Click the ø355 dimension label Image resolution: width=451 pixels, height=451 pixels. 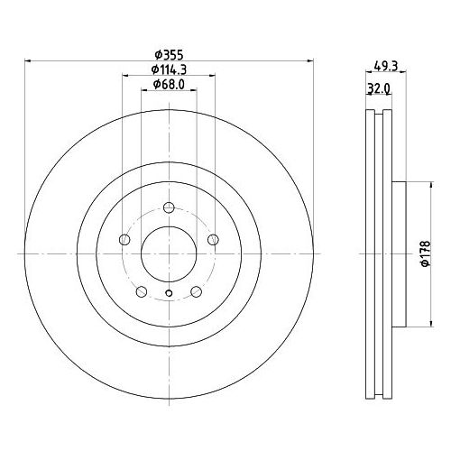tap(169, 55)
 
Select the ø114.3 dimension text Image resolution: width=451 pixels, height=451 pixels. tap(169, 69)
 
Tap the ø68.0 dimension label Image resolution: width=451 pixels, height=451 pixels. tap(169, 84)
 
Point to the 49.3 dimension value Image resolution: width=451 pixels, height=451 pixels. tap(386, 66)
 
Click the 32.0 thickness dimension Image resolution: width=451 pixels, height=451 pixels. tap(379, 88)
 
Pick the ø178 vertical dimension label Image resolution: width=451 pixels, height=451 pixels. tap(426, 253)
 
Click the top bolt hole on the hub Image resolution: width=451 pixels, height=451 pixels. tap(169, 207)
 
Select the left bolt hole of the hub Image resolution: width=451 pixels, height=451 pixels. tap(124, 239)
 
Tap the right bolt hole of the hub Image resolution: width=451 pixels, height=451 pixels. tap(213, 239)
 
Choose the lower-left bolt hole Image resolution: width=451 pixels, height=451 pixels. tap(142, 291)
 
